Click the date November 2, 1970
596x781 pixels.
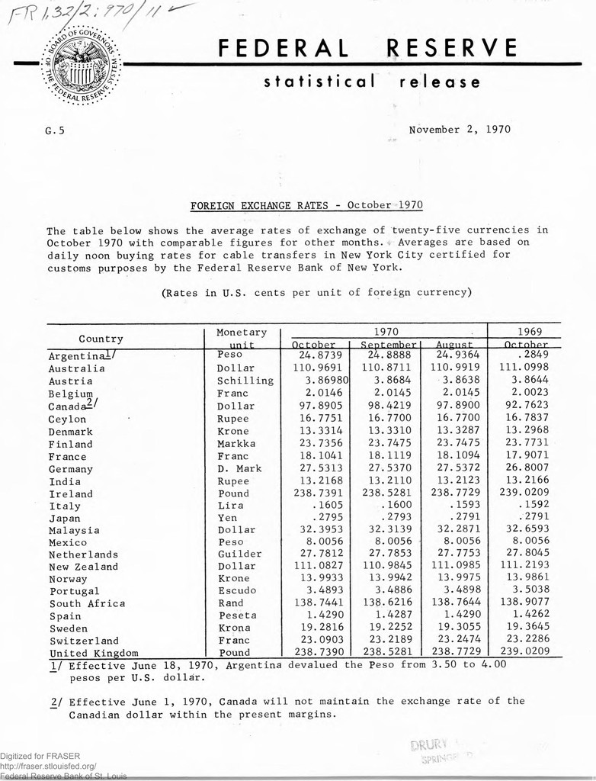tap(460, 129)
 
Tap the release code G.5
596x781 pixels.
tap(55, 130)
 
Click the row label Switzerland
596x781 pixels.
tap(84, 641)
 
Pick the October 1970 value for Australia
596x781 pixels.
tap(315, 368)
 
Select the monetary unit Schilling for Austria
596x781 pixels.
tap(245, 381)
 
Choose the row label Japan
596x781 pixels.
tap(65, 518)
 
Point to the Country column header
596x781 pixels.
tap(101, 339)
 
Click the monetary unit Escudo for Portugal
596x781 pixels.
tap(237, 590)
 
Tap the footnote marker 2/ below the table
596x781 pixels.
tap(53, 702)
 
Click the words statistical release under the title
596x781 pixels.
tap(372, 82)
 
